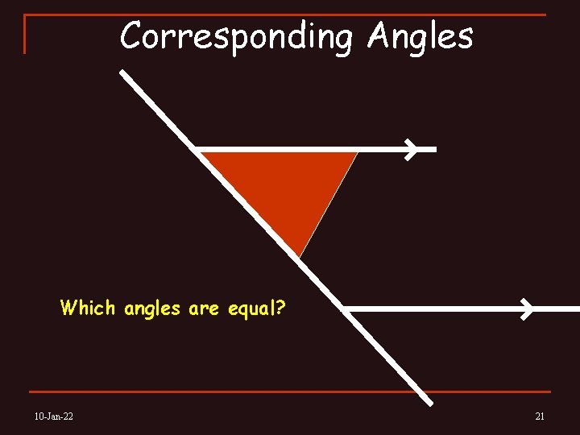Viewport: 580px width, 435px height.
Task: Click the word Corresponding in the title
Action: click(x=236, y=36)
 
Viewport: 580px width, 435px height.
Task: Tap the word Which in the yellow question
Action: click(x=88, y=308)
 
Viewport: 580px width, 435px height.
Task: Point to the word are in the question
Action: click(x=203, y=309)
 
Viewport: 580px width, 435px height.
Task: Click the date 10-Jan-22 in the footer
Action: click(x=54, y=416)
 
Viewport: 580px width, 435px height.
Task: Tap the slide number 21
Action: click(x=540, y=416)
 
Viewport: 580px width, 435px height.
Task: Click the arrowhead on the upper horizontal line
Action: click(x=412, y=149)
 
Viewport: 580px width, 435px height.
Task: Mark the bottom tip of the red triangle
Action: click(x=300, y=257)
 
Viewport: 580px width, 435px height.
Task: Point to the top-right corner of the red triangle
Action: click(x=356, y=152)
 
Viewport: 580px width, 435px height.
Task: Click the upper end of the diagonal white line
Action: click(x=122, y=72)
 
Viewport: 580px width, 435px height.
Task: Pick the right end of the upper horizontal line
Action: click(x=434, y=149)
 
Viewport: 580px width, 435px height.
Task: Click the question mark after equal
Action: click(x=280, y=307)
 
